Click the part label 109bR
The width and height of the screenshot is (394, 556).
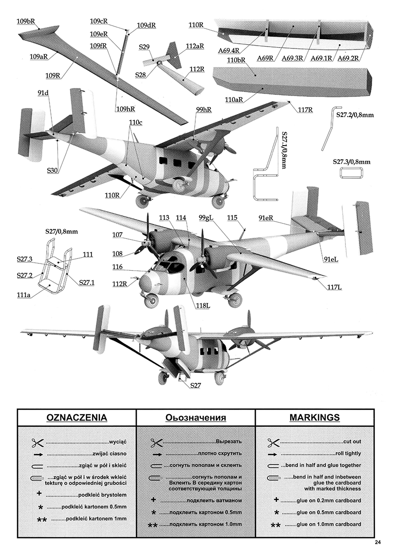pos(28,21)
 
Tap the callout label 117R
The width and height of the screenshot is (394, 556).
pos(305,110)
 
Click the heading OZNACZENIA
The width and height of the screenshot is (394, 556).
pos(76,418)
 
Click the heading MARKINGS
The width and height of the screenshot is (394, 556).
pos(314,418)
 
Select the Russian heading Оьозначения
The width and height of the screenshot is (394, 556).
pos(195,418)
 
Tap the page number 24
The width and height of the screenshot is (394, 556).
pos(378,542)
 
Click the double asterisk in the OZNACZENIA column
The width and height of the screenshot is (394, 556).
pos(42,520)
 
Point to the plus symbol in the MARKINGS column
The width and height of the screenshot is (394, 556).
pos(276,500)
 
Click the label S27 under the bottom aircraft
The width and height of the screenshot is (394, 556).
pos(195,385)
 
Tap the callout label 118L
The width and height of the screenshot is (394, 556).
pos(202,306)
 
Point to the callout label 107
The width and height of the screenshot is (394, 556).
pos(118,235)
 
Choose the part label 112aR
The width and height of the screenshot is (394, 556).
pos(195,47)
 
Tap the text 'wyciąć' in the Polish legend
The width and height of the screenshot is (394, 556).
pos(117,441)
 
